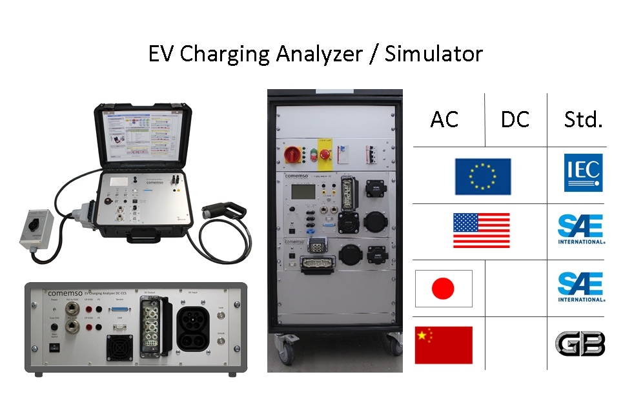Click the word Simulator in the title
(x=433, y=54)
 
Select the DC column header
(x=515, y=119)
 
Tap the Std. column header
(x=582, y=119)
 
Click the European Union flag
(x=482, y=176)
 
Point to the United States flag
(x=481, y=231)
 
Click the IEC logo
(x=583, y=172)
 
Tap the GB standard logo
(x=582, y=344)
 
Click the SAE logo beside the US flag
(x=581, y=230)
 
